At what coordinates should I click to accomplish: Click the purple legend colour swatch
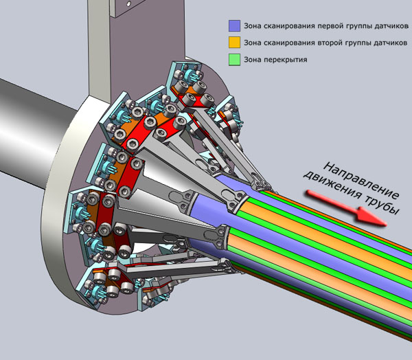234,26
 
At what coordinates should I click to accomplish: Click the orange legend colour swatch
234,43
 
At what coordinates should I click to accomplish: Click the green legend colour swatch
234,60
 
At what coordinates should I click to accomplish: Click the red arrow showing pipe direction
346,207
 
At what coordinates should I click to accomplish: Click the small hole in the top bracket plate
129,3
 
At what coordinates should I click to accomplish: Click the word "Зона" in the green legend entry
253,60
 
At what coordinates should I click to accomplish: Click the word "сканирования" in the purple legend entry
290,26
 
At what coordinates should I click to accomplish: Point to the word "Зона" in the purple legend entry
253,26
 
